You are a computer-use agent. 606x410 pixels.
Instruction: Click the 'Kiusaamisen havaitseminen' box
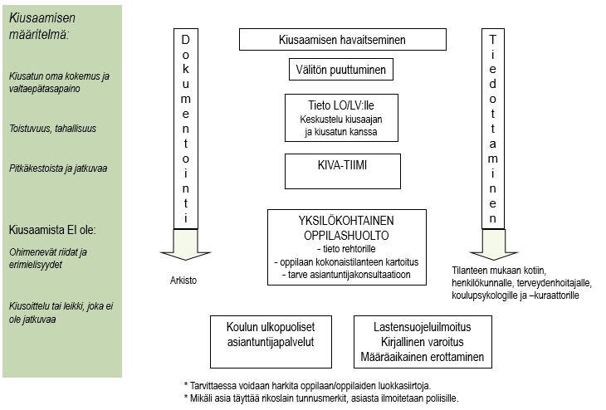342,40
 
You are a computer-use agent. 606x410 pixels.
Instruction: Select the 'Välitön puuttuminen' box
341,71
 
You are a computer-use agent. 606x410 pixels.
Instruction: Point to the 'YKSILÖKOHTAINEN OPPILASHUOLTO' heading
346,228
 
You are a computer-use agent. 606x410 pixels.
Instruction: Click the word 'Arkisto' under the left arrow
184,281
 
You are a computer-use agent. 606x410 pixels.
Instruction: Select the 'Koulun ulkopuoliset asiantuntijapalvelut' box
270,334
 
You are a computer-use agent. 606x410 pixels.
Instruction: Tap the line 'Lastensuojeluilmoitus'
423,326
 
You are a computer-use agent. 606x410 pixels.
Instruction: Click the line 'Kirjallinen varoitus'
423,341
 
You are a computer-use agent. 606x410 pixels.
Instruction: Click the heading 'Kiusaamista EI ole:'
53,229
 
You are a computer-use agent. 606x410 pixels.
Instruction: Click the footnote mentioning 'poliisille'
320,398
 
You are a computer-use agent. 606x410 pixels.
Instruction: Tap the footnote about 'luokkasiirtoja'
306,385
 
